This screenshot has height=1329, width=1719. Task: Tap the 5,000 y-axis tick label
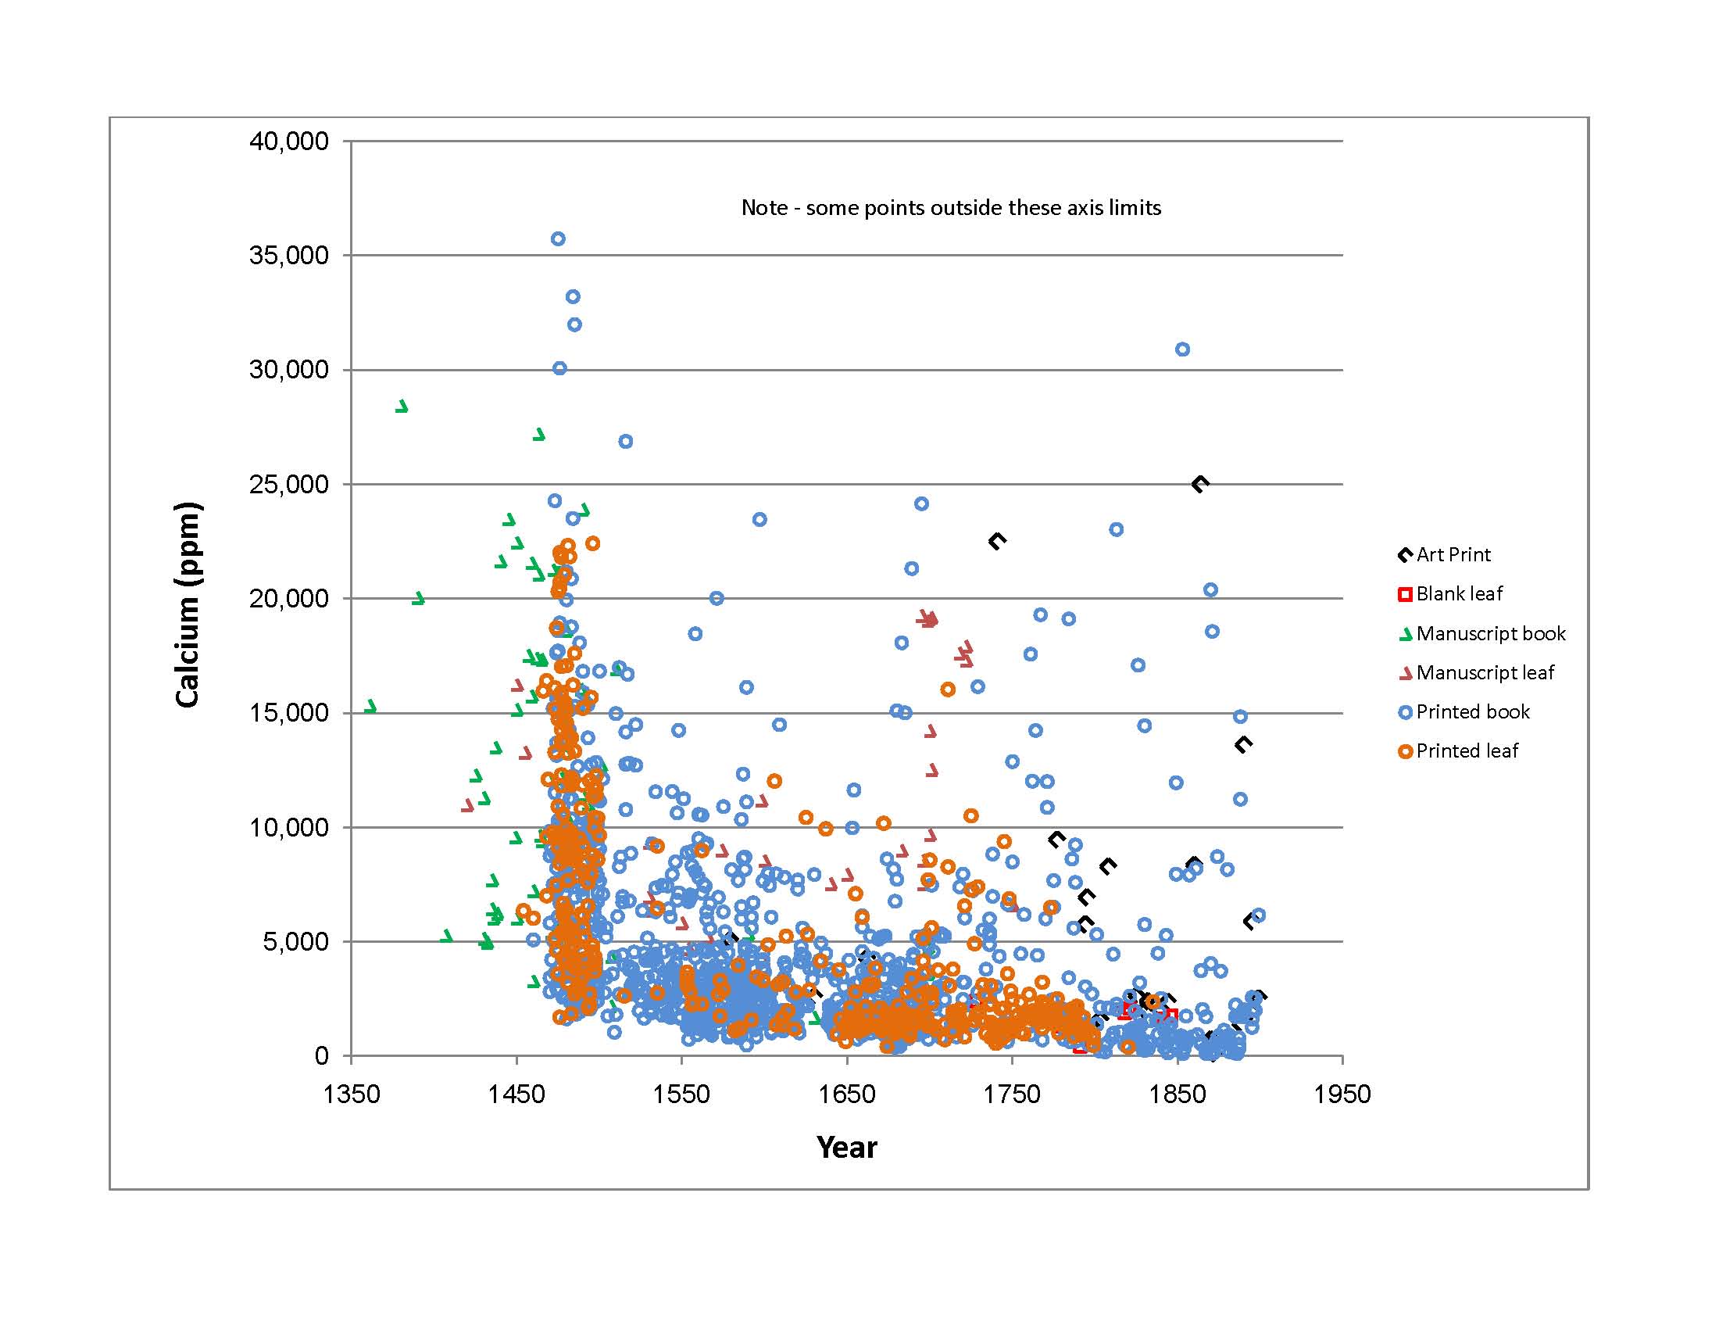pyautogui.click(x=295, y=942)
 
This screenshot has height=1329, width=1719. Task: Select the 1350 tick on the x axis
pyautogui.click(x=351, y=1094)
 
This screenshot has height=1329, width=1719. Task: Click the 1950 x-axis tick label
pyautogui.click(x=1342, y=1094)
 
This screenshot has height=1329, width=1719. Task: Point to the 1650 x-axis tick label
pyautogui.click(x=847, y=1094)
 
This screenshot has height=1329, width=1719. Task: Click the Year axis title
pyautogui.click(x=846, y=1147)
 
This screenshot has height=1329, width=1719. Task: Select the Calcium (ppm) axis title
pyautogui.click(x=188, y=604)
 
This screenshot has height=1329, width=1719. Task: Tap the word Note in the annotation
pyautogui.click(x=764, y=208)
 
